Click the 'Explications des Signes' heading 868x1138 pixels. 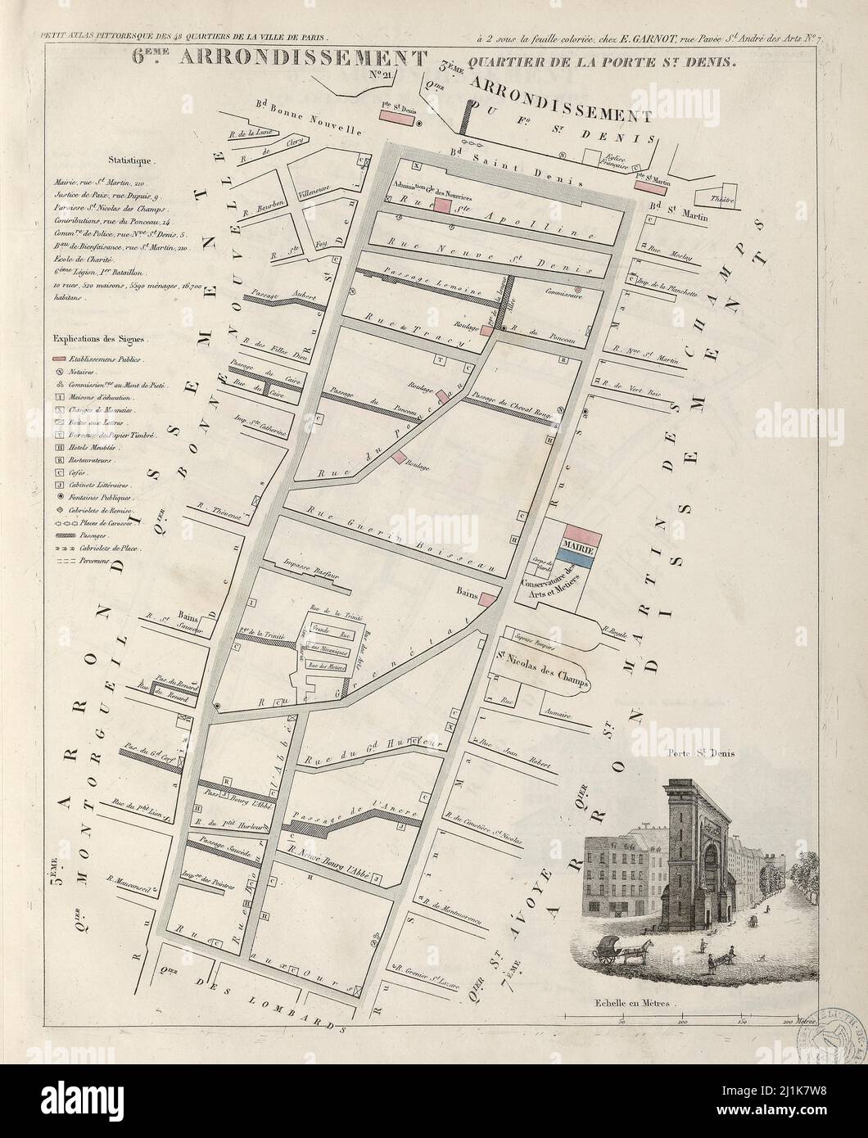coord(98,337)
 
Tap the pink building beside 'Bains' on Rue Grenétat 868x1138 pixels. coord(489,599)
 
